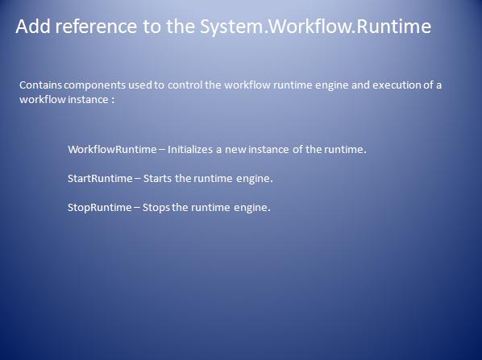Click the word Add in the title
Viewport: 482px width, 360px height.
33,26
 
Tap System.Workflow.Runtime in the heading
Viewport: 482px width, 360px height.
315,27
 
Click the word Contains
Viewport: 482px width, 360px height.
40,85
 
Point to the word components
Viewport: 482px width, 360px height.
94,85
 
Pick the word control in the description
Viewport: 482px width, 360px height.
185,85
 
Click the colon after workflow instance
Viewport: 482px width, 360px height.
113,100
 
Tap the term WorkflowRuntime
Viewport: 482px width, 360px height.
112,149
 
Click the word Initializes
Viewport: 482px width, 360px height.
189,149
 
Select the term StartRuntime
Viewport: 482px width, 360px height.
100,179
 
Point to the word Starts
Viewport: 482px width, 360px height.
157,179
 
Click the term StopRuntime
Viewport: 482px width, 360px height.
100,208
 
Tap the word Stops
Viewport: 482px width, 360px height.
156,208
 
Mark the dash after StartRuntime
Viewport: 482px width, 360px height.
138,179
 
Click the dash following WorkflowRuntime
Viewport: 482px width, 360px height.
162,150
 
